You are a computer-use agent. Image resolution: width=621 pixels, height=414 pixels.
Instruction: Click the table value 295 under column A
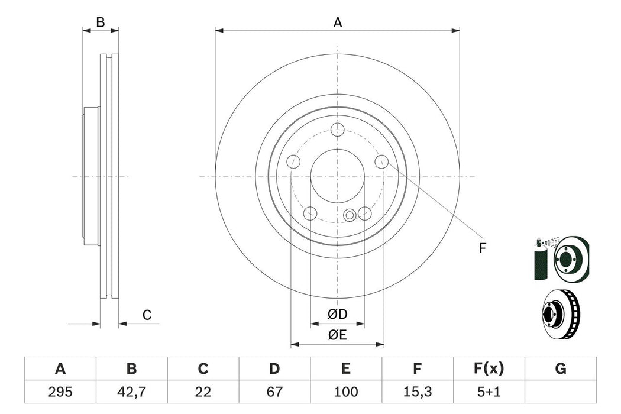pos(60,392)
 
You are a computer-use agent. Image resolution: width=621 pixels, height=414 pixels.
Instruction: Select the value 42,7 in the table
pos(131,392)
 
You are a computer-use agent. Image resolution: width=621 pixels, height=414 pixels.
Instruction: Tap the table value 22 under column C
pos(203,392)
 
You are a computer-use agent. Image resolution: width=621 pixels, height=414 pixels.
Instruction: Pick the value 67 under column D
pos(274,392)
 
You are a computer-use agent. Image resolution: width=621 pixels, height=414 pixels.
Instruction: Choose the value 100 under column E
pos(346,392)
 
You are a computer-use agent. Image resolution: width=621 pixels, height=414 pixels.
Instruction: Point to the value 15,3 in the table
pos(418,392)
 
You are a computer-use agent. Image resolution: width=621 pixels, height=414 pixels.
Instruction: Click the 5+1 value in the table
pos(489,392)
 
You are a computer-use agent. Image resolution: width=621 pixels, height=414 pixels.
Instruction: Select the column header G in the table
pos(561,370)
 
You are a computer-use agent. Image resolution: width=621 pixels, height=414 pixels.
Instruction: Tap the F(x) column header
pos(489,370)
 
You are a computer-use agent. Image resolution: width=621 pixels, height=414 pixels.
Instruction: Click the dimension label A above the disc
pos(338,22)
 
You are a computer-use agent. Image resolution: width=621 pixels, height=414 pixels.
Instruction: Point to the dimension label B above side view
pos(101,22)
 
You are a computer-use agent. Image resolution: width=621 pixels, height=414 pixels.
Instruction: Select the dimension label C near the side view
pos(147,315)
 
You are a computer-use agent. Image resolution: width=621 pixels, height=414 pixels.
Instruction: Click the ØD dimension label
pos(338,313)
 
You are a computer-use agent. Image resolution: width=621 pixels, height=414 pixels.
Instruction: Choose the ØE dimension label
pos(338,335)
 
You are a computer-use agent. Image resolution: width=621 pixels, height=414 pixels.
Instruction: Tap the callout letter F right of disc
pos(482,248)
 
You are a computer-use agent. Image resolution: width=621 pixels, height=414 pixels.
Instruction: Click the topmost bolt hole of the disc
pos(338,129)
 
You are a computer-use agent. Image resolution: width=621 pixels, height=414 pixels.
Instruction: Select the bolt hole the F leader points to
pos(382,161)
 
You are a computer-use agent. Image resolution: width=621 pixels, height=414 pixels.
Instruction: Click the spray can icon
pos(539,260)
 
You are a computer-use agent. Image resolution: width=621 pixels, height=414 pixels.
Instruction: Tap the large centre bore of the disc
pos(338,176)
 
